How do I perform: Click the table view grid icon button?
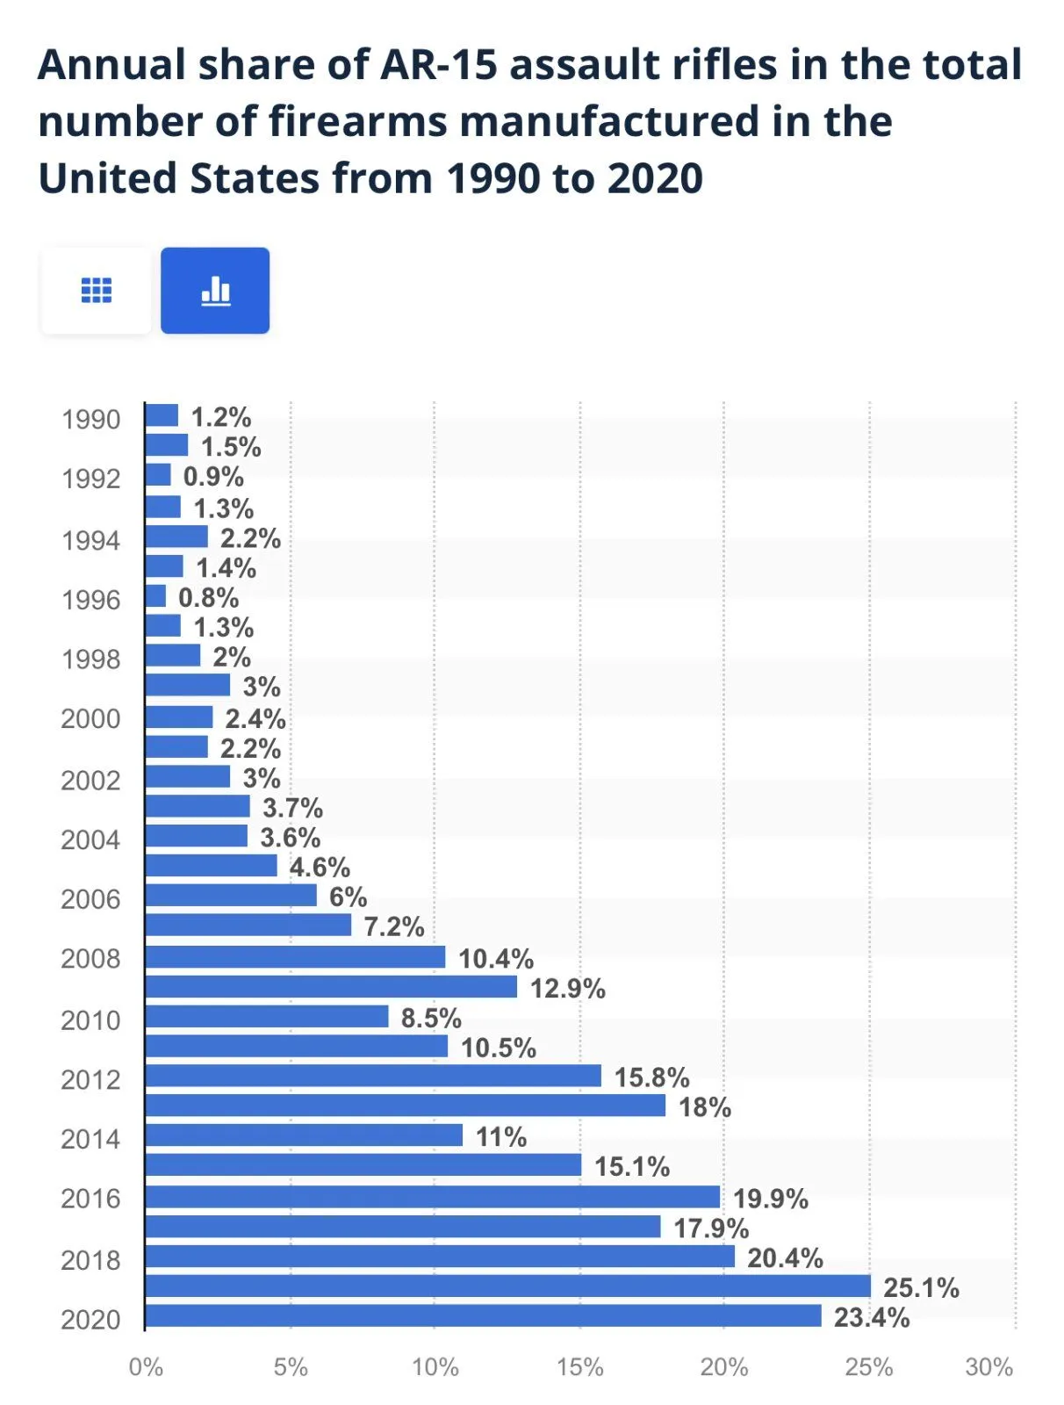[97, 291]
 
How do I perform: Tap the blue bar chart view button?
[215, 291]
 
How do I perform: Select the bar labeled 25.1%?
[507, 1286]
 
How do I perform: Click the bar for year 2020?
[483, 1315]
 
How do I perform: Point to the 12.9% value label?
[567, 989]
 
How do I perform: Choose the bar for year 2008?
[295, 957]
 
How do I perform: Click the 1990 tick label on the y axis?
[90, 420]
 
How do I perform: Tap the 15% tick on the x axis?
[579, 1367]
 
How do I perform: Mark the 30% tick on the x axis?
[989, 1367]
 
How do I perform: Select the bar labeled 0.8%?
[156, 596]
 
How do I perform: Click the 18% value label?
[704, 1107]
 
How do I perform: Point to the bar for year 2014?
[304, 1135]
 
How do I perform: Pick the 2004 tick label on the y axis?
[90, 840]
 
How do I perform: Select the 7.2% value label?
[394, 926]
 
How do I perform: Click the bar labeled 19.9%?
[432, 1197]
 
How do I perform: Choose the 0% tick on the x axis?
[146, 1367]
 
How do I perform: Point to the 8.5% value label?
[431, 1019]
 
